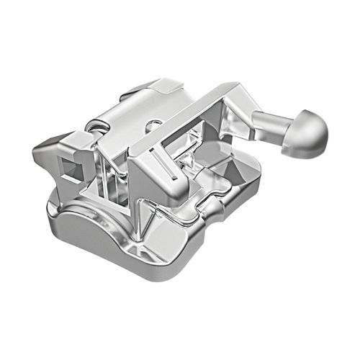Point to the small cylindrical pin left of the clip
coord(92,127)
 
